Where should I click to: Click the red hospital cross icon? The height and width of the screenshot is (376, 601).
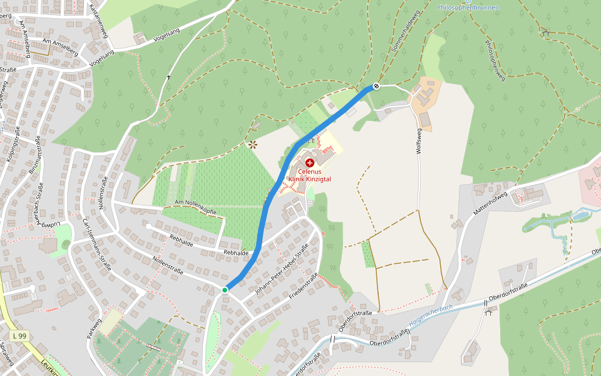click(310, 163)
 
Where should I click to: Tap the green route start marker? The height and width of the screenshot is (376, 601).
click(225, 290)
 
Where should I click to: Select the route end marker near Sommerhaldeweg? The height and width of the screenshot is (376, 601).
click(376, 86)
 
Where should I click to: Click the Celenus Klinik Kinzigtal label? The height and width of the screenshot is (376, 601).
click(310, 175)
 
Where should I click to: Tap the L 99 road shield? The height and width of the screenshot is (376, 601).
click(20, 336)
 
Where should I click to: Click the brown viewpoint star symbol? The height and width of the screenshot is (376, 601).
click(253, 145)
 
